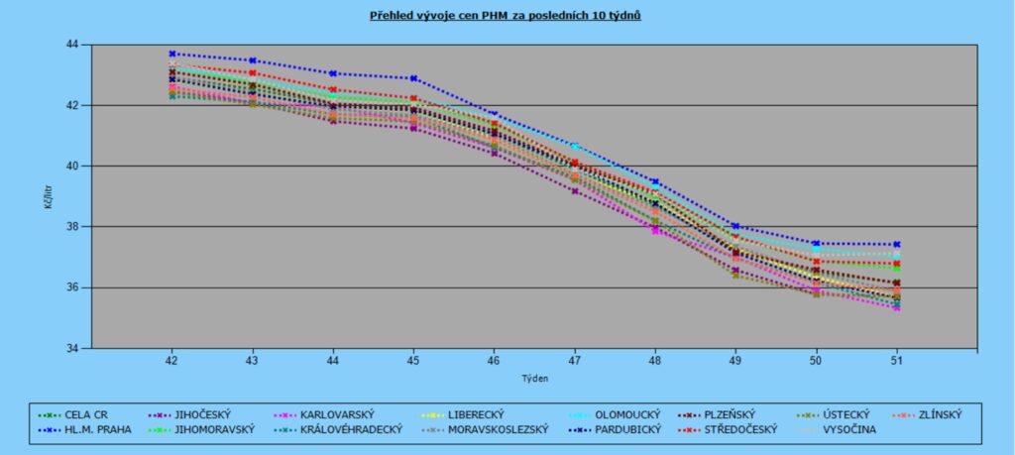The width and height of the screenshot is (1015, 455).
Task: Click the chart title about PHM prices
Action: (x=507, y=17)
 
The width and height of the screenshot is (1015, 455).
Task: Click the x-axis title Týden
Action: (x=534, y=378)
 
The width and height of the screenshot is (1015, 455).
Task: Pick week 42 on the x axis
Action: (x=171, y=360)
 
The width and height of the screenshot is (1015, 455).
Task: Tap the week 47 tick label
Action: (x=574, y=360)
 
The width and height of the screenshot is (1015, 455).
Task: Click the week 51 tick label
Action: (x=896, y=360)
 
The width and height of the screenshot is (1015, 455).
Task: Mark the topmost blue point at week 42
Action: (x=171, y=54)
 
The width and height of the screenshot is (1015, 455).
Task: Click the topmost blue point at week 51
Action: (x=896, y=244)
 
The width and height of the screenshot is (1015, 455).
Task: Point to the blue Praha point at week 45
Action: (x=413, y=78)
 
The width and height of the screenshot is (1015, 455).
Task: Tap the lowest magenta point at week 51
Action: (x=896, y=308)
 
